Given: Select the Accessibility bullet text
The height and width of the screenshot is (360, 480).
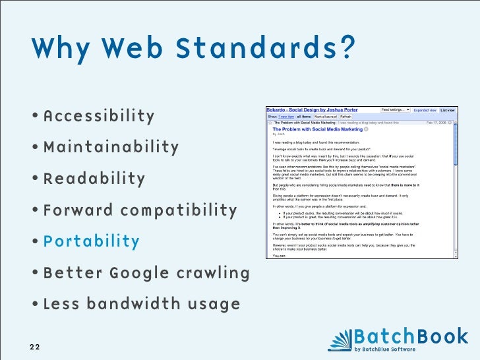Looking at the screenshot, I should point(99,117).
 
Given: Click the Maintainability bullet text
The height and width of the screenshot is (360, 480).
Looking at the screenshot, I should point(111,147).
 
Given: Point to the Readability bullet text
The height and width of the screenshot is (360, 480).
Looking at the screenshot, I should point(94,179).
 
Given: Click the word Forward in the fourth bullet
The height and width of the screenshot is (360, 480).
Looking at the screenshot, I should point(78,211).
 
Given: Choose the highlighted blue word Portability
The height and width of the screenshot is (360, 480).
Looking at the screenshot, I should point(92,241).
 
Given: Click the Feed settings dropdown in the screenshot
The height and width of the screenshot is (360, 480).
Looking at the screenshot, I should point(395,109).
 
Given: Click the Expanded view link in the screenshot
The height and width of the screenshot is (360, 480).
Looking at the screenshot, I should point(425,109).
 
